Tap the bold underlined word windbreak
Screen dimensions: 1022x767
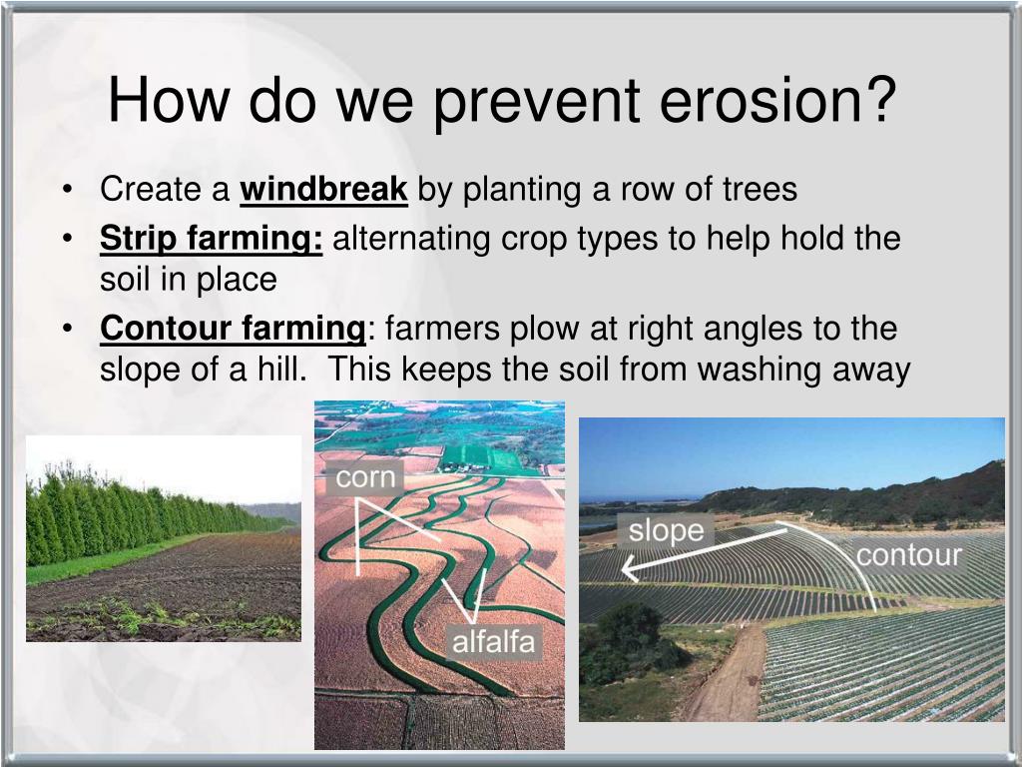coord(324,189)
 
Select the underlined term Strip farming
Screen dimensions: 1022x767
coord(212,239)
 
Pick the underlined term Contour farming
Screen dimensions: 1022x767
coord(233,329)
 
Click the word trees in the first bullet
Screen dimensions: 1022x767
coord(760,190)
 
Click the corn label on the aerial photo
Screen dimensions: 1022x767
coord(365,478)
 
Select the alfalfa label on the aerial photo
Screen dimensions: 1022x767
coord(493,642)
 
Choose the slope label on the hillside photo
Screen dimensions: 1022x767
coord(666,531)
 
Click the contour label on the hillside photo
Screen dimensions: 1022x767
coord(909,555)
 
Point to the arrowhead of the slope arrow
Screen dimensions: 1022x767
coord(628,569)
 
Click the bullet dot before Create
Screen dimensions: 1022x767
coord(67,190)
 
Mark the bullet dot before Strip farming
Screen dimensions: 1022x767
coord(67,239)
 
